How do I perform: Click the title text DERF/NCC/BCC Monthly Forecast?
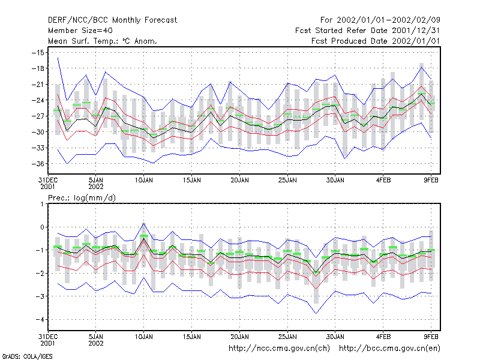(112, 20)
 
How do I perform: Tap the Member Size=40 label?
(80, 31)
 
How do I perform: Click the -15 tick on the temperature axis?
(38, 53)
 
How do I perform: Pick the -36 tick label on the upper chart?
(38, 164)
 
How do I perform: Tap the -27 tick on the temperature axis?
(38, 116)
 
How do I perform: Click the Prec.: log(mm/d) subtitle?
(82, 198)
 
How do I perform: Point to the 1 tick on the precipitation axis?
(42, 204)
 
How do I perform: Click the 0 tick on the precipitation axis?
(42, 227)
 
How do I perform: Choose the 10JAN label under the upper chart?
(144, 181)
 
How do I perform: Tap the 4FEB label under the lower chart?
(383, 337)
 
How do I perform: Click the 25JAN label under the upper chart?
(287, 181)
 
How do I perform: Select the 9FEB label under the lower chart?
(431, 337)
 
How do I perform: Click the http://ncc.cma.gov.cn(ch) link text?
(279, 349)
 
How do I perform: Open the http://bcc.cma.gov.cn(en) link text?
(389, 349)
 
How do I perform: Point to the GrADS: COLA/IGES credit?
(27, 356)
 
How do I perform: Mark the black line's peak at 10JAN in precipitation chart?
(144, 238)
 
